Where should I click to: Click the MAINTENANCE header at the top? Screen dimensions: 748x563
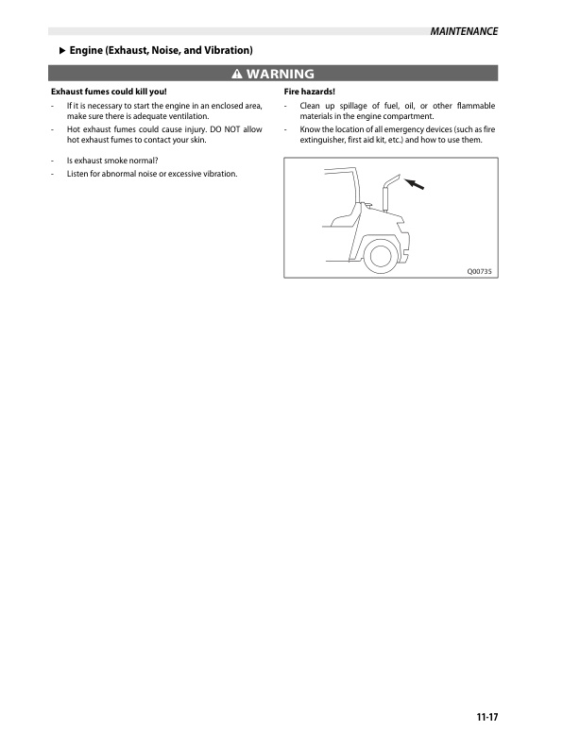(463, 31)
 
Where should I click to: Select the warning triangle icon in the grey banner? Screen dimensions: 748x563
(236, 74)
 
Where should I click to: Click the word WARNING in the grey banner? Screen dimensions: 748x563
(280, 74)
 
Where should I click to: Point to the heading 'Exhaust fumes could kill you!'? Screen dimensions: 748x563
(108, 91)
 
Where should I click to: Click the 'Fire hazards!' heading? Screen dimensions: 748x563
(310, 91)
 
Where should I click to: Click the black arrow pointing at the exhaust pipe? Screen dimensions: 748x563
(415, 184)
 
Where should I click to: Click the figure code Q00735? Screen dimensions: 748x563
(480, 271)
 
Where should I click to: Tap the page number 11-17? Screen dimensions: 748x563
(486, 718)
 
